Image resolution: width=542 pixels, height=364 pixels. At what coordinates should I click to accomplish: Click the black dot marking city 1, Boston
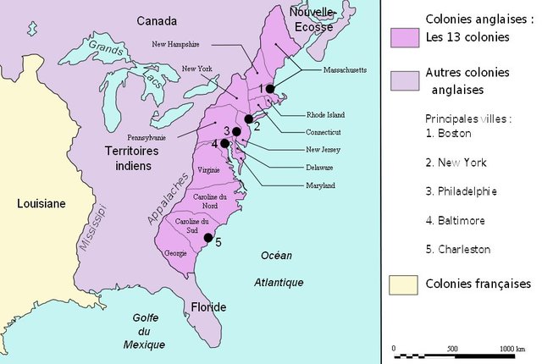269,89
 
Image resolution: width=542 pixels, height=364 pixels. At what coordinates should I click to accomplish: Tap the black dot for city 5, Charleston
208,238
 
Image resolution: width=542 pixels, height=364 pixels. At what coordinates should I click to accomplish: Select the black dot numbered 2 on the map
249,119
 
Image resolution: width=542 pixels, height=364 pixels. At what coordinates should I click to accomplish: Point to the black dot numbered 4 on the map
224,144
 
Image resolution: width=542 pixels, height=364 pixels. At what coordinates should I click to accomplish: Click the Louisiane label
41,203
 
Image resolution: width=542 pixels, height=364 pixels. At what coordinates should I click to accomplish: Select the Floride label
207,306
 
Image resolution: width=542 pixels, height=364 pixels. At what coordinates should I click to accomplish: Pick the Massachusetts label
339,70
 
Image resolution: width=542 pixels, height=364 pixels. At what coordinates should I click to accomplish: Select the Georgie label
175,253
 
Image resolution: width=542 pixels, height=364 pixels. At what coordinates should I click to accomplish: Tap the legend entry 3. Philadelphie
462,191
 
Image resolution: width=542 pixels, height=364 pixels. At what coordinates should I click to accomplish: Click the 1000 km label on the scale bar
512,349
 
